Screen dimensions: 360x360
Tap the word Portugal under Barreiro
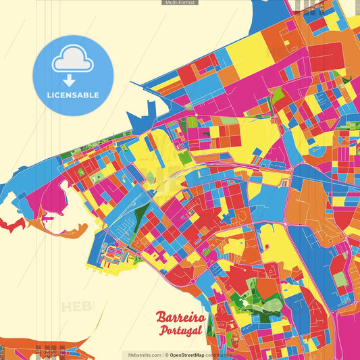182,330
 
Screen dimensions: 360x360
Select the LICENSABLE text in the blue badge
73,95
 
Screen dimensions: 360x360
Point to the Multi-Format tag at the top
180,3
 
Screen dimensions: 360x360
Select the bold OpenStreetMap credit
192,355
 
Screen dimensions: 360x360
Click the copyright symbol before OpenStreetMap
166,355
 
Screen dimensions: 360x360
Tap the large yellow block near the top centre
247,51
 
